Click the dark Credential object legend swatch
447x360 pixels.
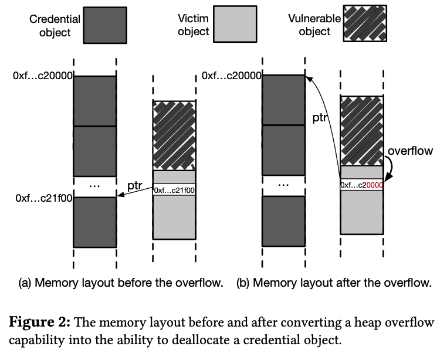pos(104,25)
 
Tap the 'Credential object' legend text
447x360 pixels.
pos(55,25)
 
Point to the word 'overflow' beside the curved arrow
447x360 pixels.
pos(410,151)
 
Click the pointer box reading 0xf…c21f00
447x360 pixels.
pos(174,190)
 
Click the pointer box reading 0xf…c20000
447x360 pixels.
pos(361,185)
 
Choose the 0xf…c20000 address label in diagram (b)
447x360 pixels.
pos(231,76)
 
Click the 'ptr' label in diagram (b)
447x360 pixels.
pos(319,117)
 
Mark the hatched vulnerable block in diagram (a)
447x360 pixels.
pos(174,135)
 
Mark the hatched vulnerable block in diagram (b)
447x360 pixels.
pos(361,130)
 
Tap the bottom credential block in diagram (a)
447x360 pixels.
pos(94,222)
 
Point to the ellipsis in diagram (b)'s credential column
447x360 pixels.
pos(283,184)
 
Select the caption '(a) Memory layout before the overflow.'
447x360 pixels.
pos(121,283)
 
